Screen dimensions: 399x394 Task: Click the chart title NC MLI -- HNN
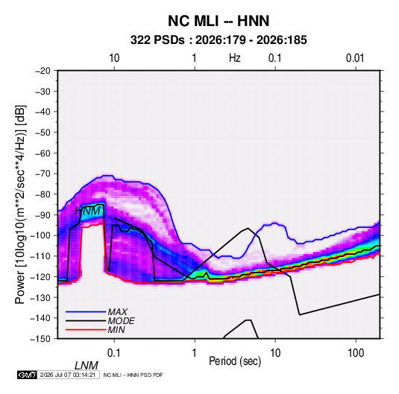click(219, 21)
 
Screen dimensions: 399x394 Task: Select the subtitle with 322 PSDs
click(219, 40)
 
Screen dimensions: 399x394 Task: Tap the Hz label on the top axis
click(235, 58)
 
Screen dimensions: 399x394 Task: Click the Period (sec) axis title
click(235, 361)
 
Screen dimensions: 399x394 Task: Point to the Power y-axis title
click(20, 204)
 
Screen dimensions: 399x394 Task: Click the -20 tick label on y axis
click(43, 71)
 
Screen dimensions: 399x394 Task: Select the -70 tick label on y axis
click(43, 174)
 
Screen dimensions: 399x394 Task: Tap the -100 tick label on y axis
click(41, 235)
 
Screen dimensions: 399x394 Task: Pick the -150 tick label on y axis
click(41, 339)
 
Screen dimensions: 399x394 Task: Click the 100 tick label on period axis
click(356, 353)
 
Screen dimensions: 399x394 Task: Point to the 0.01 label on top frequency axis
click(355, 58)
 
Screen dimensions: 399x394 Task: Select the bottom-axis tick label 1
click(195, 353)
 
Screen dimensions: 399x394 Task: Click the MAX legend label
click(117, 311)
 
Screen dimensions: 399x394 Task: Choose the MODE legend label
click(121, 321)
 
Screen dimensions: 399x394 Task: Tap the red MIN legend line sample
click(86, 330)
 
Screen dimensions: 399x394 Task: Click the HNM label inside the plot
click(88, 211)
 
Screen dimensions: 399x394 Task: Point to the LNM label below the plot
click(87, 366)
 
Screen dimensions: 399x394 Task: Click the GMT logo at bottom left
click(28, 375)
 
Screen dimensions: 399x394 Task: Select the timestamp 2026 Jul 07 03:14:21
click(68, 375)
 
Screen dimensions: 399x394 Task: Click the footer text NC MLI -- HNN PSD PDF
click(133, 375)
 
